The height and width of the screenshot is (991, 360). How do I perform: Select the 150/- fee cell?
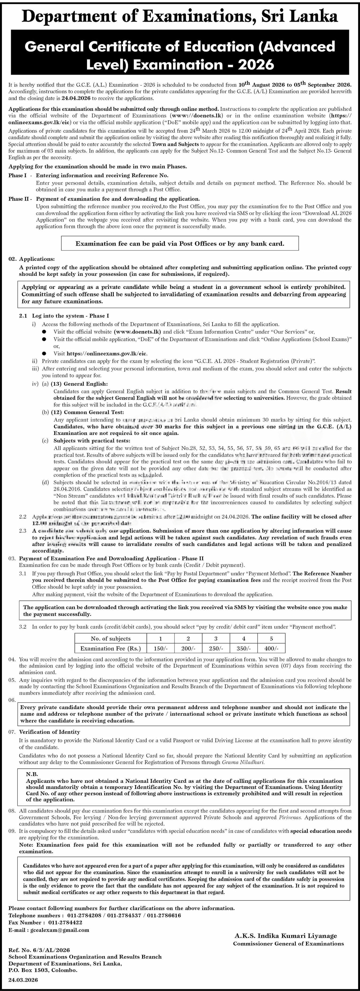click(x=160, y=648)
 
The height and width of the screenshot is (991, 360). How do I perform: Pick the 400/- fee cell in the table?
click(x=271, y=648)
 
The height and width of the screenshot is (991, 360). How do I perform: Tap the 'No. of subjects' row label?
click(x=111, y=638)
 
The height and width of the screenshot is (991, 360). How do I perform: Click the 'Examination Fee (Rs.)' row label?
click(x=111, y=648)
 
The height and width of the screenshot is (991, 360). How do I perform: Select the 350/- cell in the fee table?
click(x=244, y=648)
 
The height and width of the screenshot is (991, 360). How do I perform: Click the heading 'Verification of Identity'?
click(x=50, y=732)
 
